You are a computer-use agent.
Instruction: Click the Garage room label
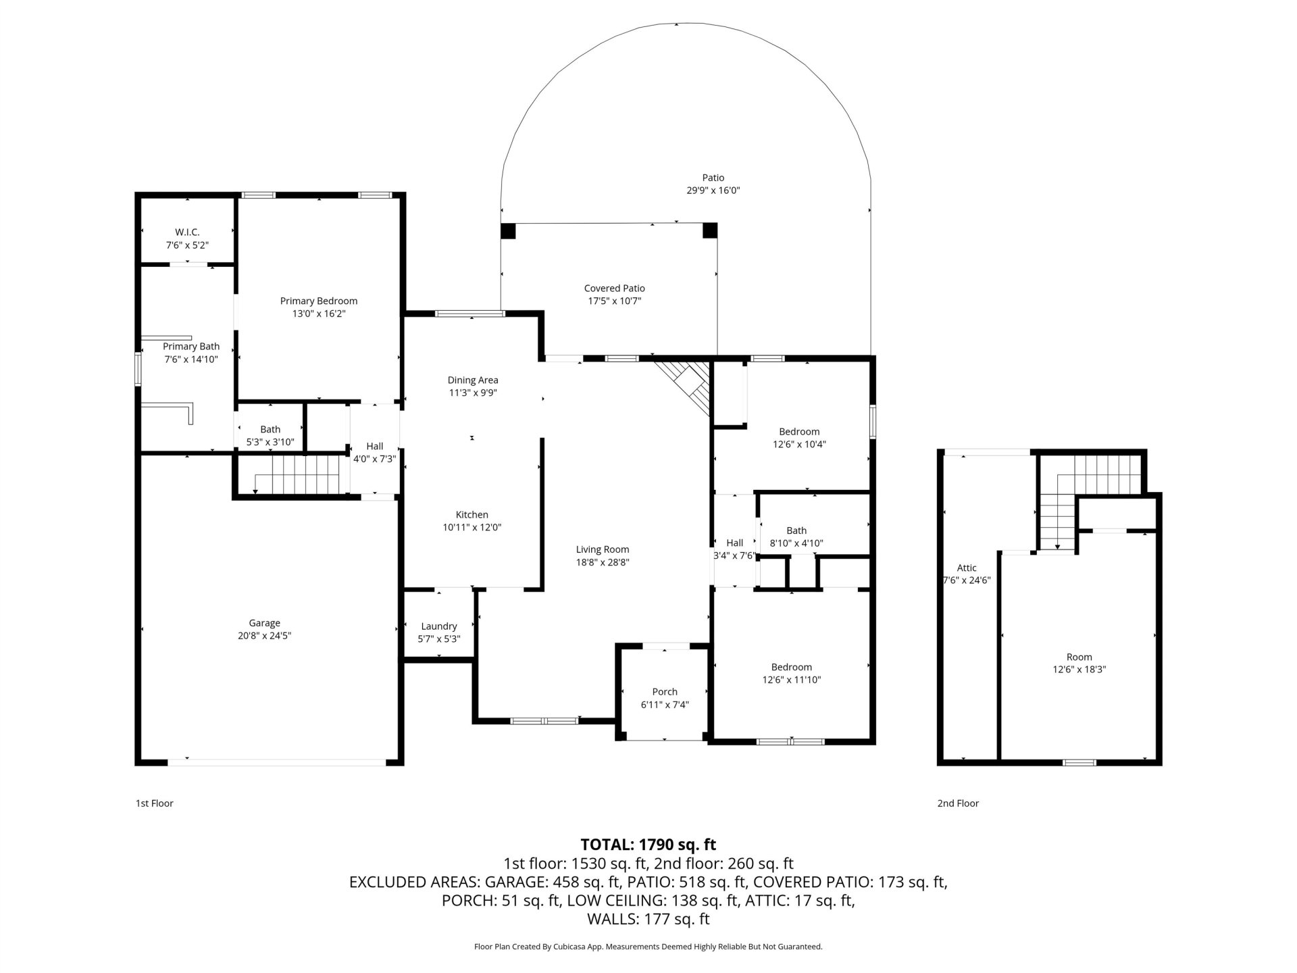tap(264, 623)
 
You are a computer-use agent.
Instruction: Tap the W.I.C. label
tap(187, 232)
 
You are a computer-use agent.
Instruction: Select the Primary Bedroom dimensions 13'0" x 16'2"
tap(318, 314)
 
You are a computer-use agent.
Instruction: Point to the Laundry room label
tap(439, 626)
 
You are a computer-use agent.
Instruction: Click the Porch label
tap(665, 692)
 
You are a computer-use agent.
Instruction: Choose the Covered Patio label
tap(615, 289)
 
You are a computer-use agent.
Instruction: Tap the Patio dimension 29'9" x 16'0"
tap(713, 191)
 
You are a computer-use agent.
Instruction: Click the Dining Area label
tap(473, 380)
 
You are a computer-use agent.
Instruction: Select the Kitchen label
tap(472, 515)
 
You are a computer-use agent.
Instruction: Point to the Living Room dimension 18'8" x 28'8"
tap(603, 562)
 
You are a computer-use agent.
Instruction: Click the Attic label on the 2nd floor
tap(967, 568)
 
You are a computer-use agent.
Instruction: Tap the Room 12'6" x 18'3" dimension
tap(1079, 670)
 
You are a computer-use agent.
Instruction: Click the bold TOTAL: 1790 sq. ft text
tap(648, 845)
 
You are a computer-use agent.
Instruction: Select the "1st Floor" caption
tap(155, 803)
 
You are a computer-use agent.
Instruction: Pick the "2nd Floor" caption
tap(958, 803)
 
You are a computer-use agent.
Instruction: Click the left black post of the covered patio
tap(508, 231)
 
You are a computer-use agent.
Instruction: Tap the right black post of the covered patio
tap(710, 231)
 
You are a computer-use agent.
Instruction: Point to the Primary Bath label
tap(191, 347)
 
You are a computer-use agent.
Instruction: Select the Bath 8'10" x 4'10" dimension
tap(796, 543)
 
